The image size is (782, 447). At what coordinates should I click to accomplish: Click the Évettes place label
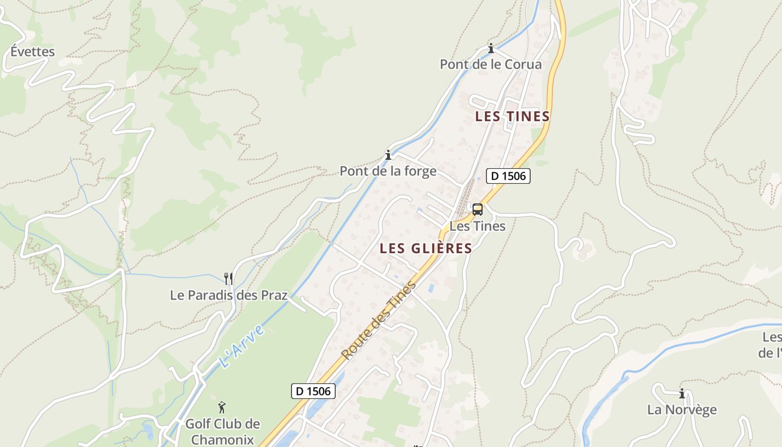click(33, 52)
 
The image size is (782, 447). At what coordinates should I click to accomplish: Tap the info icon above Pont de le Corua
click(491, 49)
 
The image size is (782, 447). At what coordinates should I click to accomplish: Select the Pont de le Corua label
click(490, 64)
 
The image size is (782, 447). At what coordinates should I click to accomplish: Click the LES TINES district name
click(512, 116)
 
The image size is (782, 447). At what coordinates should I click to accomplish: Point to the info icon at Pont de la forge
click(388, 155)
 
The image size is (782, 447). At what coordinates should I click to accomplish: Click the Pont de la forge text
click(388, 171)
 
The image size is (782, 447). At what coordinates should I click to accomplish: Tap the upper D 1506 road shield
click(508, 176)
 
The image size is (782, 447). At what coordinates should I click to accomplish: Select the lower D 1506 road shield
click(313, 391)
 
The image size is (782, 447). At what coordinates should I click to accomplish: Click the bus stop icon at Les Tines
click(477, 210)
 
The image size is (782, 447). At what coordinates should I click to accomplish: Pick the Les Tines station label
click(477, 226)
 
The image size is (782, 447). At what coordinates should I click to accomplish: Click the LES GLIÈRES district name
click(426, 248)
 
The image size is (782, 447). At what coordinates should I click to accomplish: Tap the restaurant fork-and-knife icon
click(228, 278)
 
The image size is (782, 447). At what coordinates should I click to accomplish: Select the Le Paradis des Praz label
click(228, 295)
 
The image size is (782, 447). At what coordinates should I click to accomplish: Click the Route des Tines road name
click(379, 321)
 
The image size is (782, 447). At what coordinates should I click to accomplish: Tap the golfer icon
click(222, 407)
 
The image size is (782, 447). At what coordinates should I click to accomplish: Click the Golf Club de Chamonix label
click(222, 431)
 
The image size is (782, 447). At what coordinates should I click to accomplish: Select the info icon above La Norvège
click(681, 393)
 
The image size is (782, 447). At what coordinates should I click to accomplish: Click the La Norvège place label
click(681, 410)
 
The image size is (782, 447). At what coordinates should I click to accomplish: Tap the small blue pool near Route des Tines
click(431, 288)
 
